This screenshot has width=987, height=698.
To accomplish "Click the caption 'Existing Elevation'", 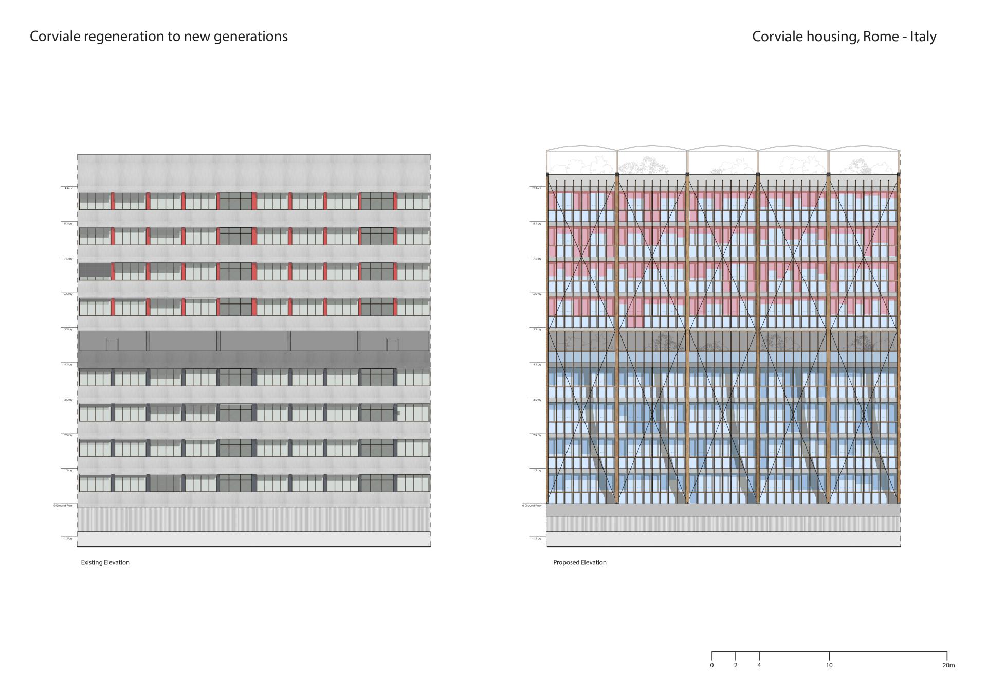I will pos(105,562).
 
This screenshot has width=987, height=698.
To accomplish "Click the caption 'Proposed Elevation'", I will pos(579,562).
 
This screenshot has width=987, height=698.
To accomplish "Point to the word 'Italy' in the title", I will pos(923,37).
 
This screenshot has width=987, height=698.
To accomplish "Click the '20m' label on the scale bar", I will pos(948,665).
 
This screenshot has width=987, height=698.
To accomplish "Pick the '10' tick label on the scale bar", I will pos(829,665).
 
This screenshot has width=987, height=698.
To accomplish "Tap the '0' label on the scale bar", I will pos(712,665).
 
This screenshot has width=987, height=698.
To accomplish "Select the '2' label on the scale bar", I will pos(736,665).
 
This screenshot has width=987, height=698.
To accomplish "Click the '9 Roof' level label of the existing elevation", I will pos(68,188).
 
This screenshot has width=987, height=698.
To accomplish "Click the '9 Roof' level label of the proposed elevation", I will pos(537,188).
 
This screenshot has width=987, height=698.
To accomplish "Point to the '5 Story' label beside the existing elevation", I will pos(68,329).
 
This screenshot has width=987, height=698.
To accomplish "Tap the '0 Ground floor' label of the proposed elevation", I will pos(532,506).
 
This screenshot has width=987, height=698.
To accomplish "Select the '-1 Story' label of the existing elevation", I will pos(67,538).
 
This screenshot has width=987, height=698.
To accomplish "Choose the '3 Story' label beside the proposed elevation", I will pos(537,400).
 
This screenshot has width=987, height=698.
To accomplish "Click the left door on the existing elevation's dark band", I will pos(112,345).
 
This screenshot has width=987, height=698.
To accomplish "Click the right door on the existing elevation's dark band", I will pos(392,345).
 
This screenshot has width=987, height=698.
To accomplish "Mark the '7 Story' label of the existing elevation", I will pos(68,259).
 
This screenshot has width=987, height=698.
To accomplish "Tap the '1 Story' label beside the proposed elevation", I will pos(537,470).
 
